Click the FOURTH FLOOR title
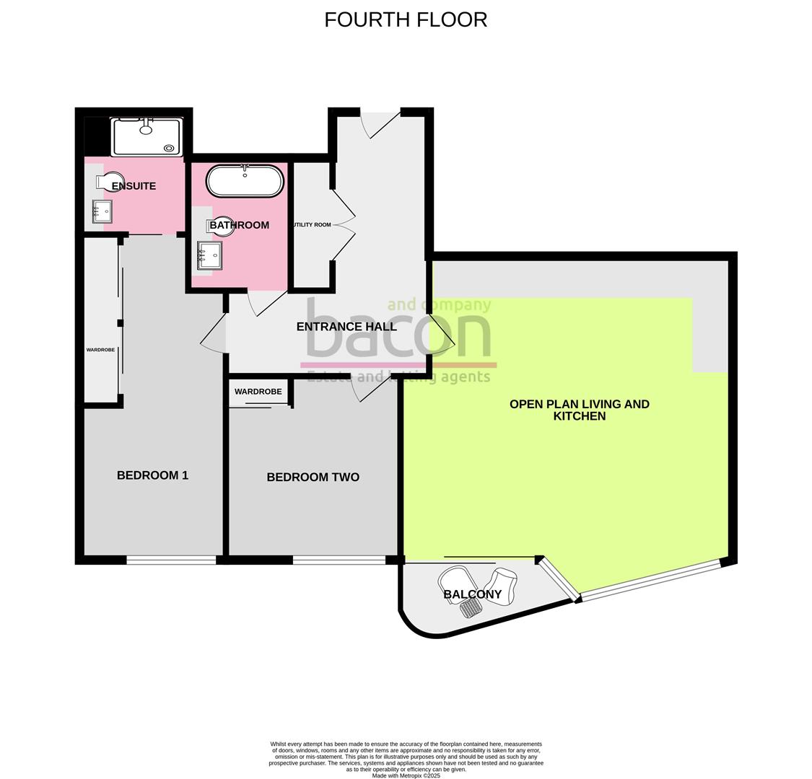pos(406,19)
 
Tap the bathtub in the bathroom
pos(245,181)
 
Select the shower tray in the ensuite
pos(147,137)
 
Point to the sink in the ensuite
pos(102,211)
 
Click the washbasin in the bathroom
pos(209,255)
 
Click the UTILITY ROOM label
pos(312,225)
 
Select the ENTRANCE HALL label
pos(346,327)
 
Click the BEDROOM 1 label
pos(152,475)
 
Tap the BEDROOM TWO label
pos(313,477)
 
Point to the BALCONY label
pos(472,595)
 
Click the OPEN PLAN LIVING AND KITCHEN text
pos(579,410)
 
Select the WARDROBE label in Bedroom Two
pos(258,392)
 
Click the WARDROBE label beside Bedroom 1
pos(100,350)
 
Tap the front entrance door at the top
pos(380,121)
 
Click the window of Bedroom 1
pos(171,560)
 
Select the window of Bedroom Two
pos(339,560)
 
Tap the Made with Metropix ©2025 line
pos(406,775)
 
